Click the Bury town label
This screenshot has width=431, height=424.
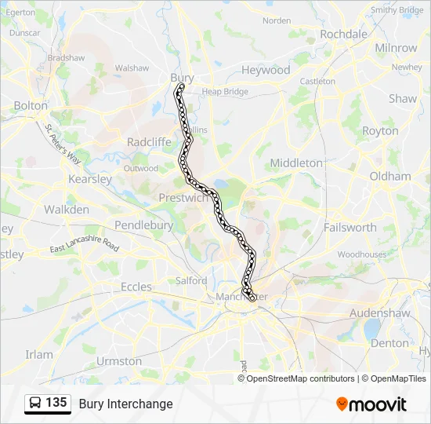tap(182, 78)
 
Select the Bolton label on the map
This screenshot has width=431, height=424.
tap(31, 105)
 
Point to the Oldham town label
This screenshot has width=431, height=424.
tap(389, 177)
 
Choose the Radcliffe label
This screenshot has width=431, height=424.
tap(149, 142)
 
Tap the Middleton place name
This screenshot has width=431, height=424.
tap(296, 163)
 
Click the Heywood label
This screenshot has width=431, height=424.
tap(266, 70)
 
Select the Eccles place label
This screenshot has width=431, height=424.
tap(136, 287)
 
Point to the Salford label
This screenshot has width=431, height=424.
tap(191, 280)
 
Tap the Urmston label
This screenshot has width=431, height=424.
tap(119, 361)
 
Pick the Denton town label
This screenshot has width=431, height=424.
tap(389, 343)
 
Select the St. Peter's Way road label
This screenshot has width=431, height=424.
tap(63, 144)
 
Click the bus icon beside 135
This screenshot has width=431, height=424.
tap(36, 404)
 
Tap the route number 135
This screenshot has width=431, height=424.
tap(56, 403)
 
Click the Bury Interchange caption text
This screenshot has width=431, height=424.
tap(125, 404)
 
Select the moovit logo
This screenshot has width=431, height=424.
tap(371, 404)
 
